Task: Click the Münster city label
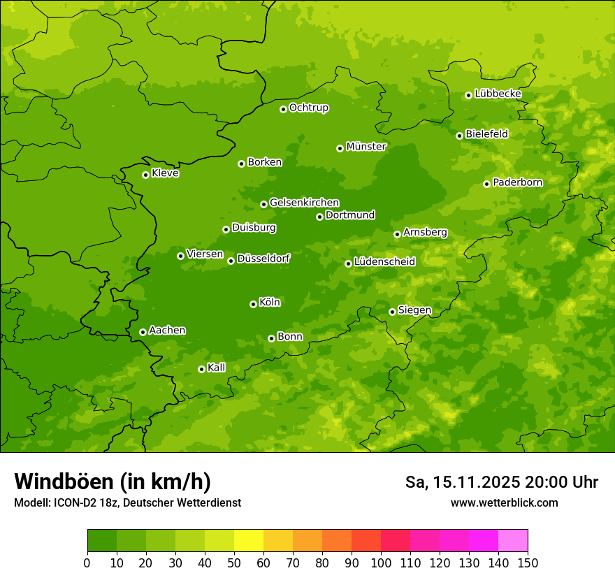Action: coord(366,147)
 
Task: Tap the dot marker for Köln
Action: coord(253,304)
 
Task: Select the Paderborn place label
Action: coord(518,182)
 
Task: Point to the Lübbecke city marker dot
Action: coord(468,95)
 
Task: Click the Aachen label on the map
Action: coord(167,331)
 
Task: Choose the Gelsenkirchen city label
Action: coord(304,203)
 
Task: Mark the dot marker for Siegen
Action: coord(392,312)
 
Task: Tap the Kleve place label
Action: coord(165,173)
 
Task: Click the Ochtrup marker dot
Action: coord(283,109)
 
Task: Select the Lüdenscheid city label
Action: coord(384,262)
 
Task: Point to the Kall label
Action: coord(217,368)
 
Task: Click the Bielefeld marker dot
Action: coord(459,136)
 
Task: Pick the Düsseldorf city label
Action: coord(263,259)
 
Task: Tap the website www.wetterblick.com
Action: coord(504,502)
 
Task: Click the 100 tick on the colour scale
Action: coord(381,563)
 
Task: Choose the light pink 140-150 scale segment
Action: coord(513,541)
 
